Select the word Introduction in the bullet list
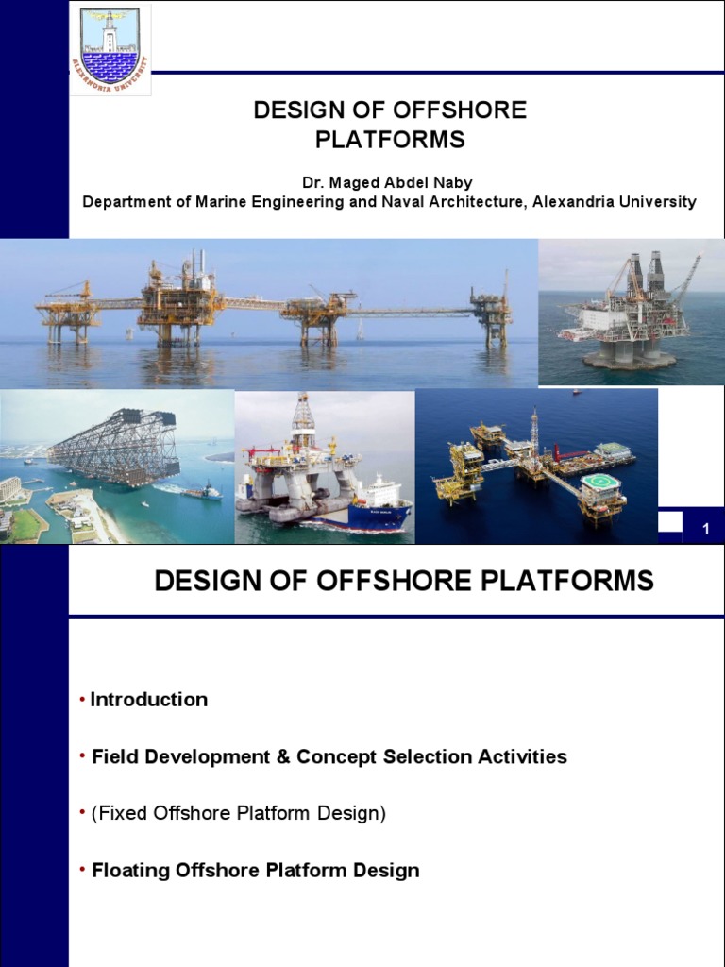(149, 700)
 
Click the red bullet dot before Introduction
(83, 700)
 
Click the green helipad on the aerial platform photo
(600, 483)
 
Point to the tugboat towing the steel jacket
(201, 491)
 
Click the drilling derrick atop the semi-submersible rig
(303, 420)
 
